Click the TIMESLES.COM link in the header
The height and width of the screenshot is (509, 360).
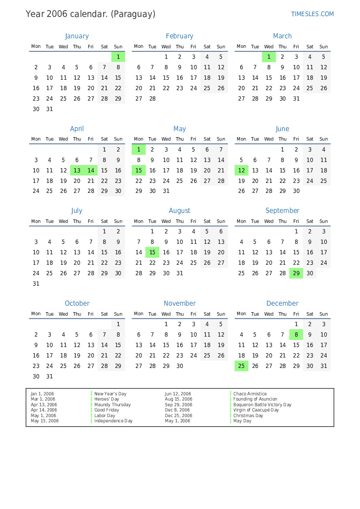pos(312,14)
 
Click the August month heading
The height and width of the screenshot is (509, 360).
pos(179,211)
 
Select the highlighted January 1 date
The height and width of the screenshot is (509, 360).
pos(118,57)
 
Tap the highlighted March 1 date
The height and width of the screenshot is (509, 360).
pos(269,57)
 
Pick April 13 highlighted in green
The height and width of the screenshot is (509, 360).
pos(77,170)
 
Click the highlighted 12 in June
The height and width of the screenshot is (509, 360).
pos(242,170)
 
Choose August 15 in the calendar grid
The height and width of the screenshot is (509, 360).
pos(152,252)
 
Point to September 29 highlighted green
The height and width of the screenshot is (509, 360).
pos(296,273)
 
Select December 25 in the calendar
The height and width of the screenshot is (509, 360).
pos(242,366)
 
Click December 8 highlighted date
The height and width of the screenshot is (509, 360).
pos(296,334)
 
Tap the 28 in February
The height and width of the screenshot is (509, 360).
pos(152,98)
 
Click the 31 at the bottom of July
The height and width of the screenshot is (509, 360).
pos(36,283)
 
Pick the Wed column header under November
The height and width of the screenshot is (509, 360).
pos(166,314)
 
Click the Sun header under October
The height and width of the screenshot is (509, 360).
pos(118,314)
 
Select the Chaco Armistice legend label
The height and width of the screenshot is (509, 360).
pos(250,394)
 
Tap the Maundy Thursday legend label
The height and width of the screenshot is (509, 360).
pos(112,405)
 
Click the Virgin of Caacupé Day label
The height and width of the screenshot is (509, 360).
pos(256,410)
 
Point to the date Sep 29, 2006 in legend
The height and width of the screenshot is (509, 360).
pos(178,405)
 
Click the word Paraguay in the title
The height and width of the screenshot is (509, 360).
pos(133,14)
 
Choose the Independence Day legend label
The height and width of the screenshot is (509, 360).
pos(113,421)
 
